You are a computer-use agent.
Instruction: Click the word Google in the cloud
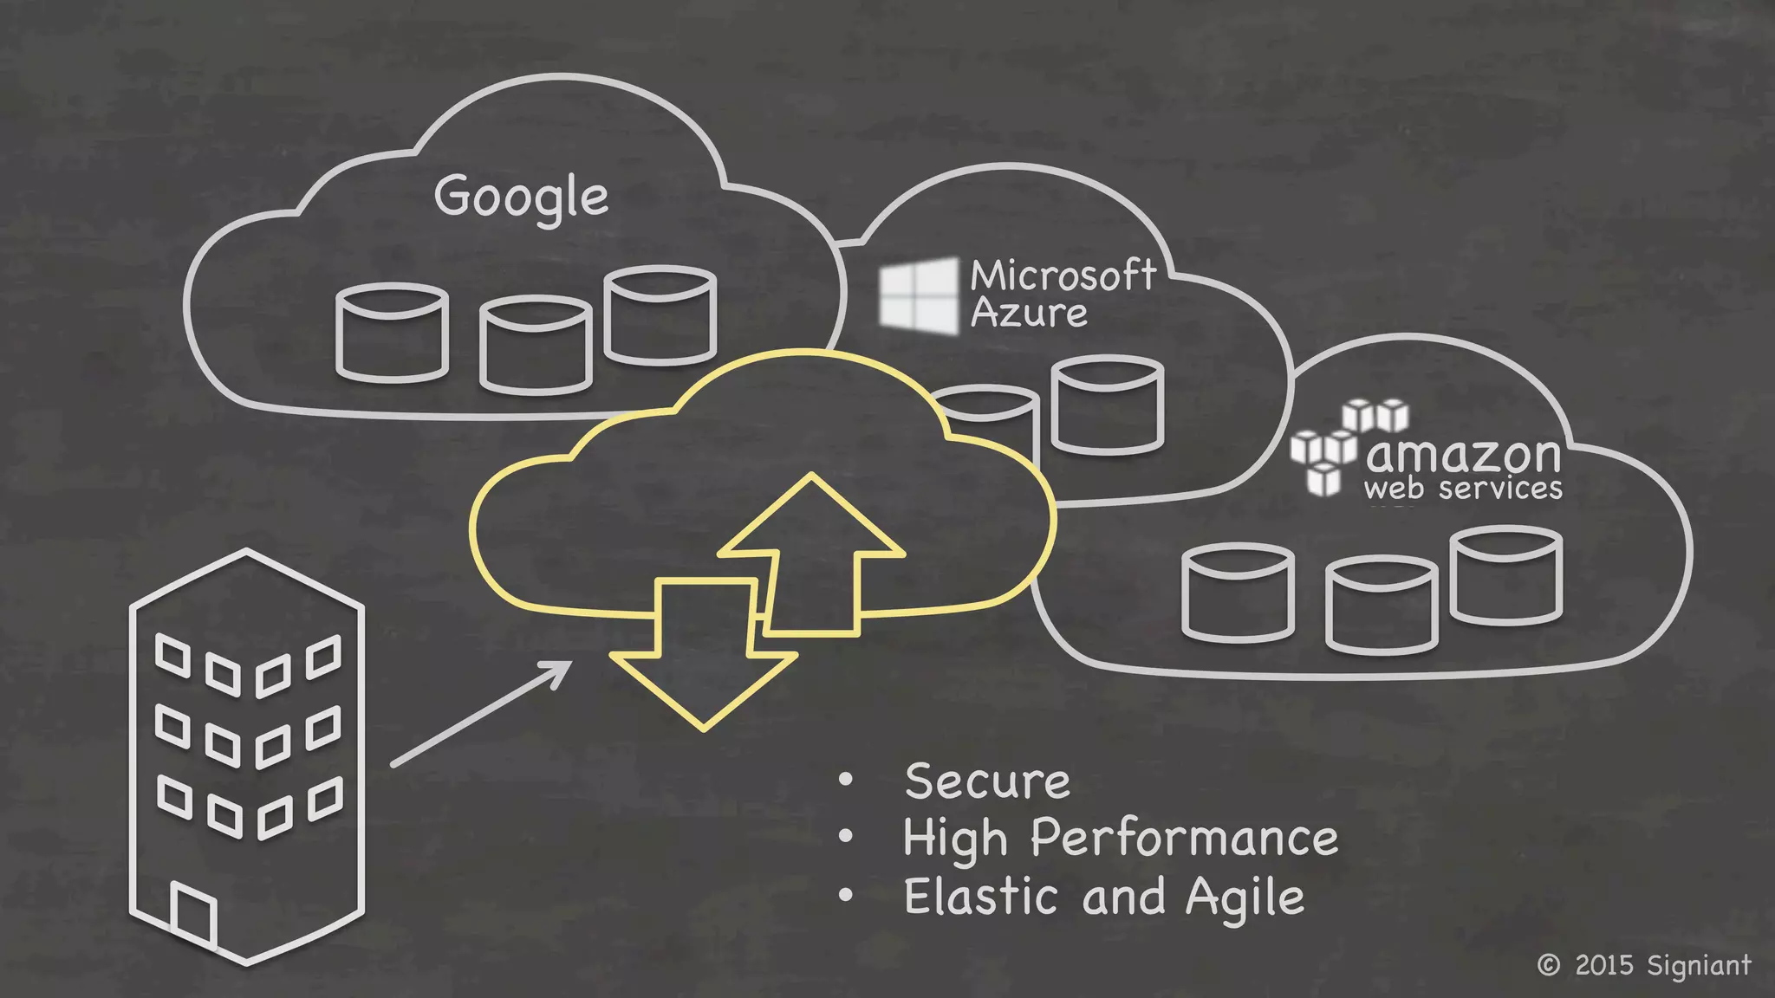click(x=521, y=198)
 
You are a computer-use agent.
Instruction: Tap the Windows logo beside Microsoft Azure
click(x=920, y=295)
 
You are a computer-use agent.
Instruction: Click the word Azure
click(x=1029, y=313)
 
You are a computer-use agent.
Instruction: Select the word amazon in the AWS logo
click(x=1463, y=454)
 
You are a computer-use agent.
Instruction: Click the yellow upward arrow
click(x=812, y=554)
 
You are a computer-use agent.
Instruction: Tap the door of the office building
click(x=193, y=917)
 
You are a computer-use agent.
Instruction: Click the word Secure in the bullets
click(x=987, y=781)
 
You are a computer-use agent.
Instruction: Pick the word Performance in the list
click(x=1184, y=839)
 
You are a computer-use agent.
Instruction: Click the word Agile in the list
click(x=1245, y=898)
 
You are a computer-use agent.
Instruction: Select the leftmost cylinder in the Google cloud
click(x=392, y=334)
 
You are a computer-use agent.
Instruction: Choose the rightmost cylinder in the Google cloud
click(x=660, y=315)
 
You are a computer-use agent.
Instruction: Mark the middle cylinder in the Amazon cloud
click(x=1381, y=605)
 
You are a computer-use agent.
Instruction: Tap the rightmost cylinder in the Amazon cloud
click(x=1506, y=576)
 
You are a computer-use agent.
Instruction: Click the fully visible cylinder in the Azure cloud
click(x=1107, y=405)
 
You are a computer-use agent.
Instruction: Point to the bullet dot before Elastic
click(x=846, y=896)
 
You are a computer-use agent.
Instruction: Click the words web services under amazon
click(x=1463, y=489)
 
